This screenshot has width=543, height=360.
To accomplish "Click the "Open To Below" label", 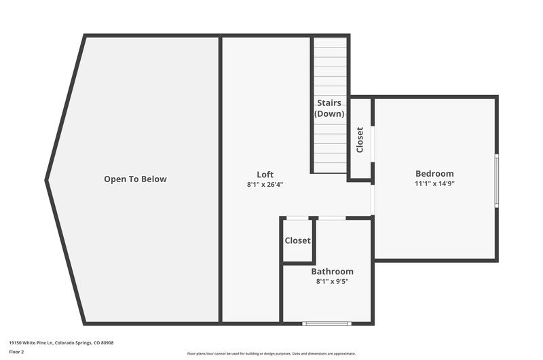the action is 135,179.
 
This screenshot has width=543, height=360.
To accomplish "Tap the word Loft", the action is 265,175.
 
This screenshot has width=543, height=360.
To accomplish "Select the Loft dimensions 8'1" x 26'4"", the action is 265,184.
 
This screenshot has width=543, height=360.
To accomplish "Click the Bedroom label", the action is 434,173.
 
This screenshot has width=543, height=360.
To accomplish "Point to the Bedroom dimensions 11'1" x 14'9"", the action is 434,183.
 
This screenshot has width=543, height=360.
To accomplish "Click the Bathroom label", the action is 332,271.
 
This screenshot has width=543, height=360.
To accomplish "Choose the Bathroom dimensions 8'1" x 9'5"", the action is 332,281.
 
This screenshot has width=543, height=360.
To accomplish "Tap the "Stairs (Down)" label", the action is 329,108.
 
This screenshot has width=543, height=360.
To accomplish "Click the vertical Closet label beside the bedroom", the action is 360,140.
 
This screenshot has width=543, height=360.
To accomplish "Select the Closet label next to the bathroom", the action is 297,240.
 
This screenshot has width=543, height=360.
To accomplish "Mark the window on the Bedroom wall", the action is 497,181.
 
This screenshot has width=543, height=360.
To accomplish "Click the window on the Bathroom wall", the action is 327,323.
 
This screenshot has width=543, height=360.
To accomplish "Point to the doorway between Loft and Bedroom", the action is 373,200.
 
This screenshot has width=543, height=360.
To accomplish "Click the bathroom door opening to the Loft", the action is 332,218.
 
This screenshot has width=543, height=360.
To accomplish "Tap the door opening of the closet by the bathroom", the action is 297,218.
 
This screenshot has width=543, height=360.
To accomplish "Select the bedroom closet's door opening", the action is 373,144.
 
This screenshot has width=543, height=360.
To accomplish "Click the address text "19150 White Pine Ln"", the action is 31,343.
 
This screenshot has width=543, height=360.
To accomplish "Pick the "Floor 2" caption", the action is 16,352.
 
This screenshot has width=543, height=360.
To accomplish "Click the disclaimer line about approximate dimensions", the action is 271,354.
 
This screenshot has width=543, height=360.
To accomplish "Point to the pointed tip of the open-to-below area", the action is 45,180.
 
